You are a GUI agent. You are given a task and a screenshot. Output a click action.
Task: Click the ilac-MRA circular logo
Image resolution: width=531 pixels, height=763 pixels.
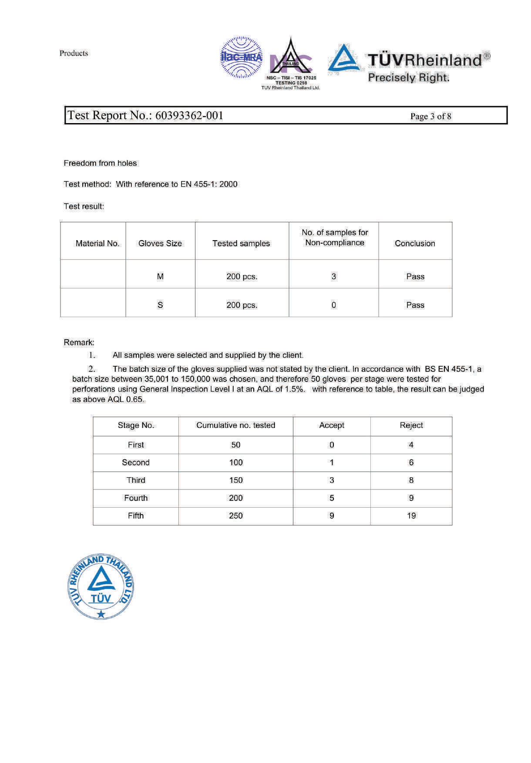(x=242, y=57)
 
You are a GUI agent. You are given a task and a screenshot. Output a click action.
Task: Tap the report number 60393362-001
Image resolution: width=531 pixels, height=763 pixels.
(x=189, y=115)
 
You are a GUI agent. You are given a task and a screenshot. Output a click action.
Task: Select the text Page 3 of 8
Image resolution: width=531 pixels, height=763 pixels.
(x=430, y=116)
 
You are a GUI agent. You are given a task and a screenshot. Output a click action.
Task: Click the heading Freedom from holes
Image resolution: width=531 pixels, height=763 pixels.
(x=100, y=163)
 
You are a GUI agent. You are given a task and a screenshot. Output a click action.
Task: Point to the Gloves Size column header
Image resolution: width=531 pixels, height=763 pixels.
(x=160, y=243)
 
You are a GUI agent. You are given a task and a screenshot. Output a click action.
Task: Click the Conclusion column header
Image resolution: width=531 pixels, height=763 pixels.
(x=415, y=243)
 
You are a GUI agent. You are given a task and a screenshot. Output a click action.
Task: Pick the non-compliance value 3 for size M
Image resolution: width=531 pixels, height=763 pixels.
(x=333, y=276)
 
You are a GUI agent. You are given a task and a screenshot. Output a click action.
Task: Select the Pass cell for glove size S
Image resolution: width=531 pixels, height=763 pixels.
(x=415, y=305)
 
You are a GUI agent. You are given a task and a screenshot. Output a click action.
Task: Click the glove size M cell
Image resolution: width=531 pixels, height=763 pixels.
(x=160, y=276)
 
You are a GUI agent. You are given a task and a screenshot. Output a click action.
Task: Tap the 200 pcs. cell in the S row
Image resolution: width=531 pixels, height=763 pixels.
(x=242, y=305)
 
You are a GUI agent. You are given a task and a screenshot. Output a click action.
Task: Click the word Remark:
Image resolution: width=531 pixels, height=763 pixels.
(x=79, y=342)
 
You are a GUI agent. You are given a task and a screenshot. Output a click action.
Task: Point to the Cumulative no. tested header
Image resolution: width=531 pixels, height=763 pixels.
(x=235, y=425)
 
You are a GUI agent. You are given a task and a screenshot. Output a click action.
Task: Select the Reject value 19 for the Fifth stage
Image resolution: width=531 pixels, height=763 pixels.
(x=411, y=515)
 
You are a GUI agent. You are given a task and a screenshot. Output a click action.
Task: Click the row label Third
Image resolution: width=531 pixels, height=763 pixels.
(x=136, y=480)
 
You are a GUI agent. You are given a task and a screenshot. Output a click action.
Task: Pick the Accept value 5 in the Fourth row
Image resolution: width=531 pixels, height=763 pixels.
(x=332, y=498)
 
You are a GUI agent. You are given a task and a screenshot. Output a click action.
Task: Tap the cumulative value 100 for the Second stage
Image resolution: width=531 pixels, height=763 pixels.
(x=235, y=462)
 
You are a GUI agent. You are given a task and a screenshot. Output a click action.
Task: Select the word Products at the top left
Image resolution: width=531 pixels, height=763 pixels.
(x=74, y=53)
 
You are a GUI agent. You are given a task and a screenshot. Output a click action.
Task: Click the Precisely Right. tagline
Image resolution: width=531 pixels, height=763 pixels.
(x=408, y=77)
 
